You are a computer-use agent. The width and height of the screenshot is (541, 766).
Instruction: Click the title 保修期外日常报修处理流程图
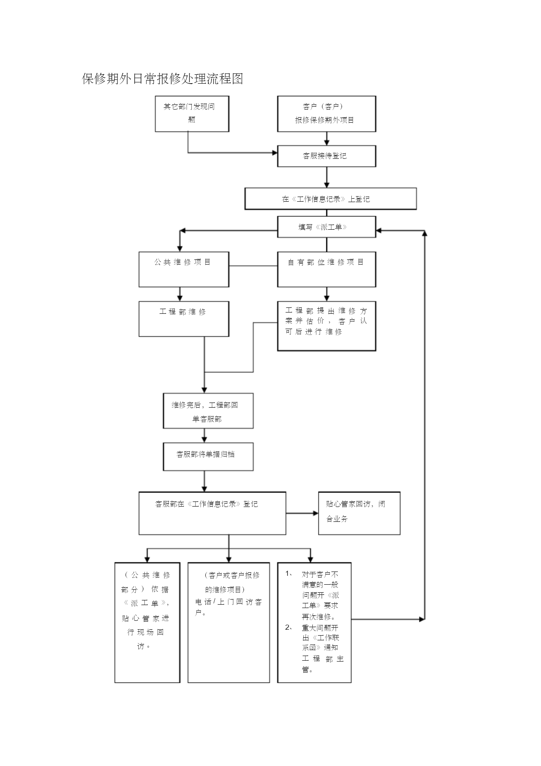tap(163, 79)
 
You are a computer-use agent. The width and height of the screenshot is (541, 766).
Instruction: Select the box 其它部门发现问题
tap(192, 114)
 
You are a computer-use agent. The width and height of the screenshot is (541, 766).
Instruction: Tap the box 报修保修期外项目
tap(327, 114)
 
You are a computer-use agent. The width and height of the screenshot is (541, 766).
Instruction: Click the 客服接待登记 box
tap(327, 156)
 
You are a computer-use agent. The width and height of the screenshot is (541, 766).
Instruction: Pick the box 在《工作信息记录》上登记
tap(331, 199)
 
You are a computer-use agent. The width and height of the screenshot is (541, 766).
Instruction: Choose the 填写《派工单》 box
tap(327, 227)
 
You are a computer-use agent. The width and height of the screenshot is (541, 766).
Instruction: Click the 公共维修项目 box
tap(184, 270)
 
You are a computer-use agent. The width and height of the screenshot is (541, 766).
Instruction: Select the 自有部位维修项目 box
tap(327, 270)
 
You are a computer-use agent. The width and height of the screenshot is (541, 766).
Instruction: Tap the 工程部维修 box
tap(184, 319)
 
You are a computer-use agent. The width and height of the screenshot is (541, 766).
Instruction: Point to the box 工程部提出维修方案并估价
tap(327, 326)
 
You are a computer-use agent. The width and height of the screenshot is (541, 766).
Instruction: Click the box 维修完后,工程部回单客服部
tap(208, 411)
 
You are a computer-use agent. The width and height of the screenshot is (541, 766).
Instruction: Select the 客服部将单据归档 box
tap(208, 457)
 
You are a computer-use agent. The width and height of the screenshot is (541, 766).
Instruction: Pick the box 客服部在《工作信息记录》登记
tap(212, 513)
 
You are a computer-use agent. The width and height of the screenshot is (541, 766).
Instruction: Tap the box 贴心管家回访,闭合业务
tap(359, 513)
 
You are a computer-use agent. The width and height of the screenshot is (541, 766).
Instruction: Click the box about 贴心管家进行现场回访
tap(147, 623)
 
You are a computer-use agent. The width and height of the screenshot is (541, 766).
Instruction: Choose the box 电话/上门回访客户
tap(229, 623)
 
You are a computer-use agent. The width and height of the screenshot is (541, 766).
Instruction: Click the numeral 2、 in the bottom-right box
tap(289, 628)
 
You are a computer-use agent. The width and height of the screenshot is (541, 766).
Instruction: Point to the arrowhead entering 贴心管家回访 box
tap(316, 513)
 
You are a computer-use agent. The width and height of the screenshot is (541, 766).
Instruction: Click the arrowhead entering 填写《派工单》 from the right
tap(379, 231)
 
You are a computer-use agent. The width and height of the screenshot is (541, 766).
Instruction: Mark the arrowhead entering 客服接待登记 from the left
tap(275, 153)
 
